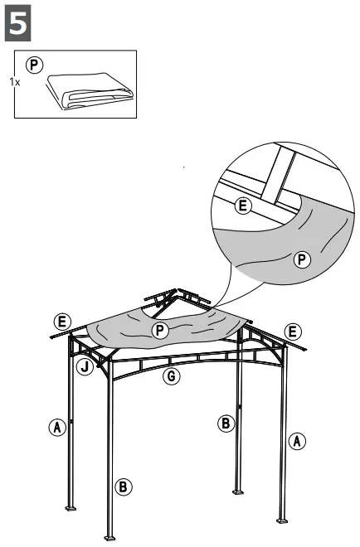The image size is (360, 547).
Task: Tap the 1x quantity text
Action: coord(14,82)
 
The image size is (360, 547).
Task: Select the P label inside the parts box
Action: coord(34,64)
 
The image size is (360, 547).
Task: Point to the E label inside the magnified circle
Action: coord(243,206)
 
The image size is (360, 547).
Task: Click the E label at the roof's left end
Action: coord(61,321)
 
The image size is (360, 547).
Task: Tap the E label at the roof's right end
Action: coord(291,331)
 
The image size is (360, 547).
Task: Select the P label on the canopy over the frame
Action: coord(160,330)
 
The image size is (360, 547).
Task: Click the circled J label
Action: coord(86,365)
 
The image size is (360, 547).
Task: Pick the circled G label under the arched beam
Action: coord(172,377)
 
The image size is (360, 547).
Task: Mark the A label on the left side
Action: coord(56,428)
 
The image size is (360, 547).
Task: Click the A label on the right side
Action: coord(296,441)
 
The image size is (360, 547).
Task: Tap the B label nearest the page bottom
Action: coord(124,486)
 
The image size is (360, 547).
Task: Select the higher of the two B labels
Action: coord(225,424)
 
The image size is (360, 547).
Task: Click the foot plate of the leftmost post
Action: coord(71,506)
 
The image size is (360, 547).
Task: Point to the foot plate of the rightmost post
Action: coord(284,520)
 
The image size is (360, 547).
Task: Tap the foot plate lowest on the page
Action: coord(110,535)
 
